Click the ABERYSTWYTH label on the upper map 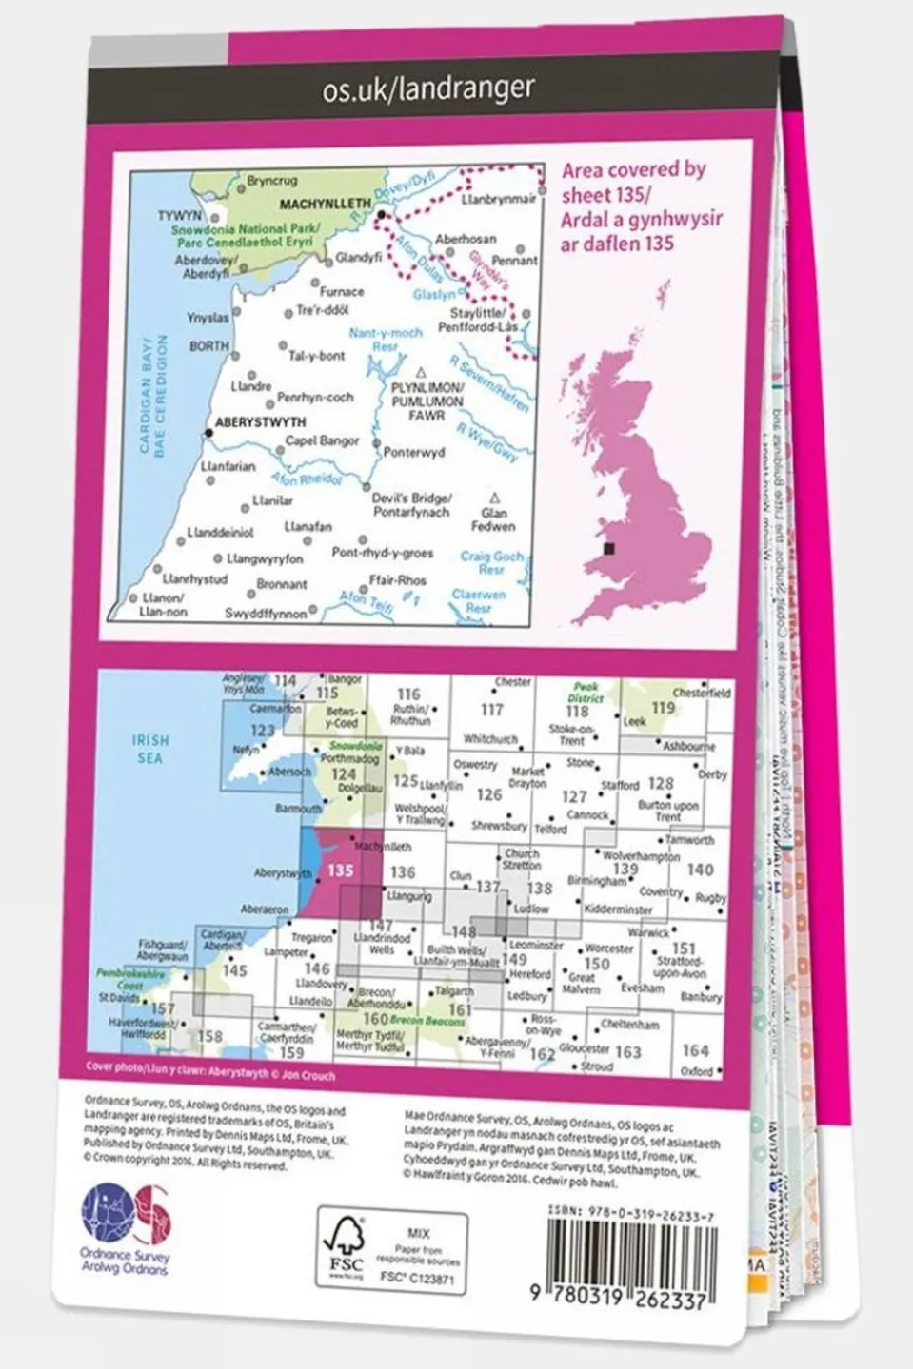(x=261, y=421)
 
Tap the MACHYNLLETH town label (x=326, y=204)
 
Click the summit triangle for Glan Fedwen (x=494, y=498)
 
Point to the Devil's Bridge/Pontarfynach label (x=411, y=505)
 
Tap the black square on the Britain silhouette (x=610, y=549)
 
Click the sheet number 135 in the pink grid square (x=340, y=870)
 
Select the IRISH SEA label (x=150, y=748)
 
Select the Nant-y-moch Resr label (x=386, y=340)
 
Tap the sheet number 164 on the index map (x=695, y=1049)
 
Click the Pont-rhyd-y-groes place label (x=382, y=553)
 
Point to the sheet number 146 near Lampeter (x=317, y=968)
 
